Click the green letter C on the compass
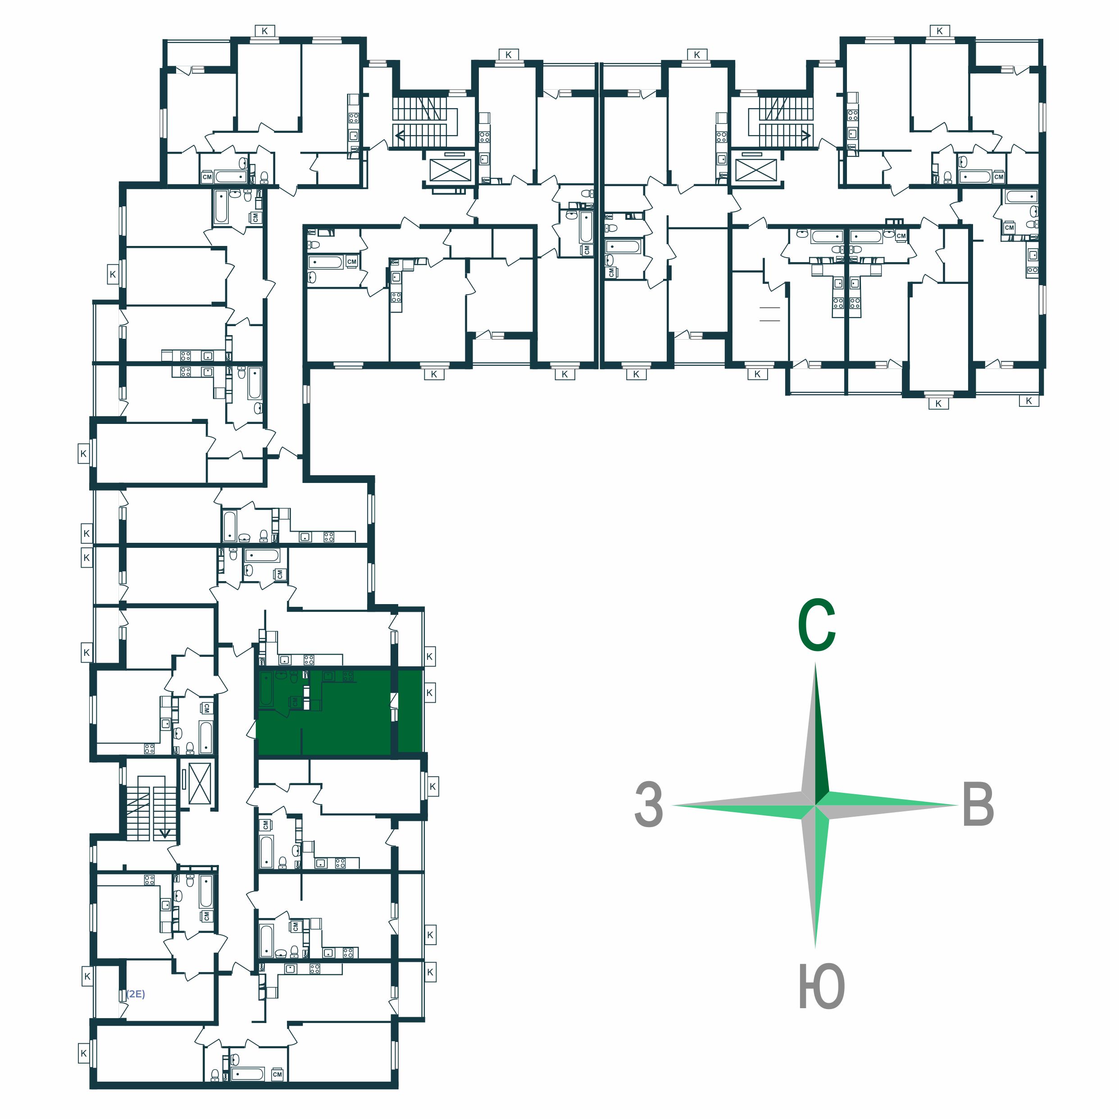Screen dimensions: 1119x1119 (x=817, y=626)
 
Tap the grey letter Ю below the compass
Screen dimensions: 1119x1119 (x=822, y=987)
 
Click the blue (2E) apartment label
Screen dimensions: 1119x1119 (x=136, y=994)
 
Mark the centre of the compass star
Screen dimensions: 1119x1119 (x=815, y=805)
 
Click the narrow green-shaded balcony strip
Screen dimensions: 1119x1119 (x=410, y=711)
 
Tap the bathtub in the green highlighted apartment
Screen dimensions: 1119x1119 (x=266, y=689)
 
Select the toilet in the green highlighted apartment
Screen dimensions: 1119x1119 (x=294, y=677)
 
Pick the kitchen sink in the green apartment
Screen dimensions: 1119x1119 (x=328, y=676)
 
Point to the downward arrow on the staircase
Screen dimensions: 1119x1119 (x=165, y=833)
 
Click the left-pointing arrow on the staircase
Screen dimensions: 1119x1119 (x=400, y=137)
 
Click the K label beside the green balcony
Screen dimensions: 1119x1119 (x=429, y=693)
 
